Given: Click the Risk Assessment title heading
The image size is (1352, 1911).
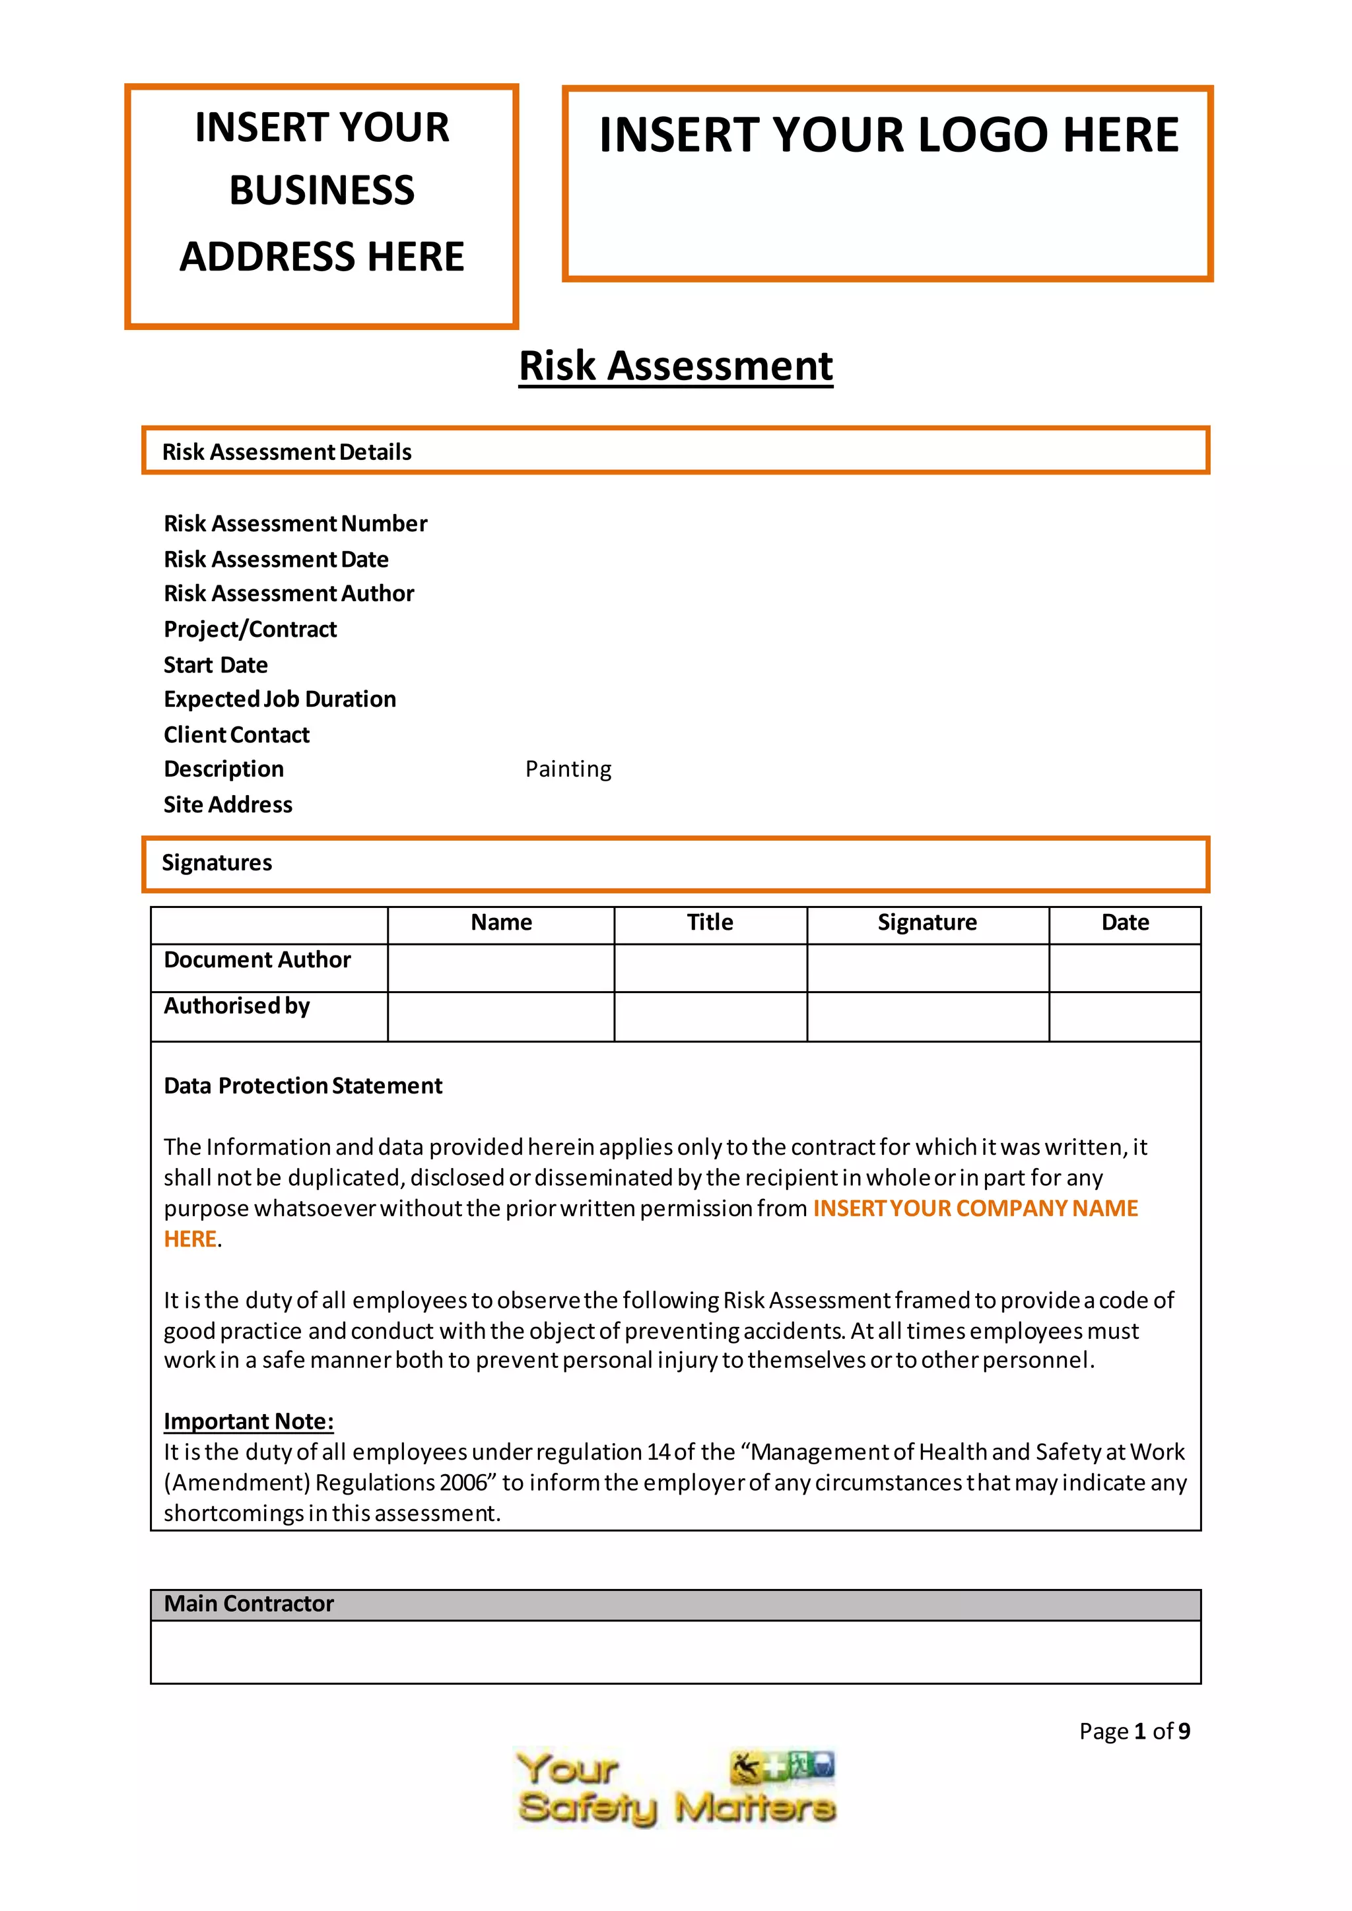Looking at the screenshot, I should (675, 366).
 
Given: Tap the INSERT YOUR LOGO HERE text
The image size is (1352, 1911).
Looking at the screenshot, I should (889, 136).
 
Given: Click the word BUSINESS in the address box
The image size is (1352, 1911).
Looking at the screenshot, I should (321, 191).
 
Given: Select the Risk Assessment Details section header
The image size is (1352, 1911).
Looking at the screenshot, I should (287, 452).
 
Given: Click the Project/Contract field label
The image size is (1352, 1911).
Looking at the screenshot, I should (250, 630).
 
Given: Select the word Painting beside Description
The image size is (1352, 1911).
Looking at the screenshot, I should (568, 769).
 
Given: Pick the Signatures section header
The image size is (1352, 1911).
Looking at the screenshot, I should (217, 863).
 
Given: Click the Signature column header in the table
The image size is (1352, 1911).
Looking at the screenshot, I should (927, 923).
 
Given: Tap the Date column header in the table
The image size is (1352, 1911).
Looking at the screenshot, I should (1125, 923).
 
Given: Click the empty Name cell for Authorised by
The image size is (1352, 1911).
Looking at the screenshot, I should (500, 1016).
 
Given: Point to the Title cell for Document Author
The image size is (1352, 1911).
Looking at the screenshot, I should (710, 968).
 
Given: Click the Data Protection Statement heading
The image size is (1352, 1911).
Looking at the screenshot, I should (302, 1086).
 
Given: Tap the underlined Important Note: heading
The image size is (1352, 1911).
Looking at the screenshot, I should (248, 1421).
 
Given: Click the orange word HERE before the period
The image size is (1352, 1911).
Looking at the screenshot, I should (190, 1239).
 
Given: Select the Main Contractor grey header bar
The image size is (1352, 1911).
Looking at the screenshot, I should (675, 1604).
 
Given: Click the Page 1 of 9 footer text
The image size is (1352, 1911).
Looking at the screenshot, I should (1134, 1732).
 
